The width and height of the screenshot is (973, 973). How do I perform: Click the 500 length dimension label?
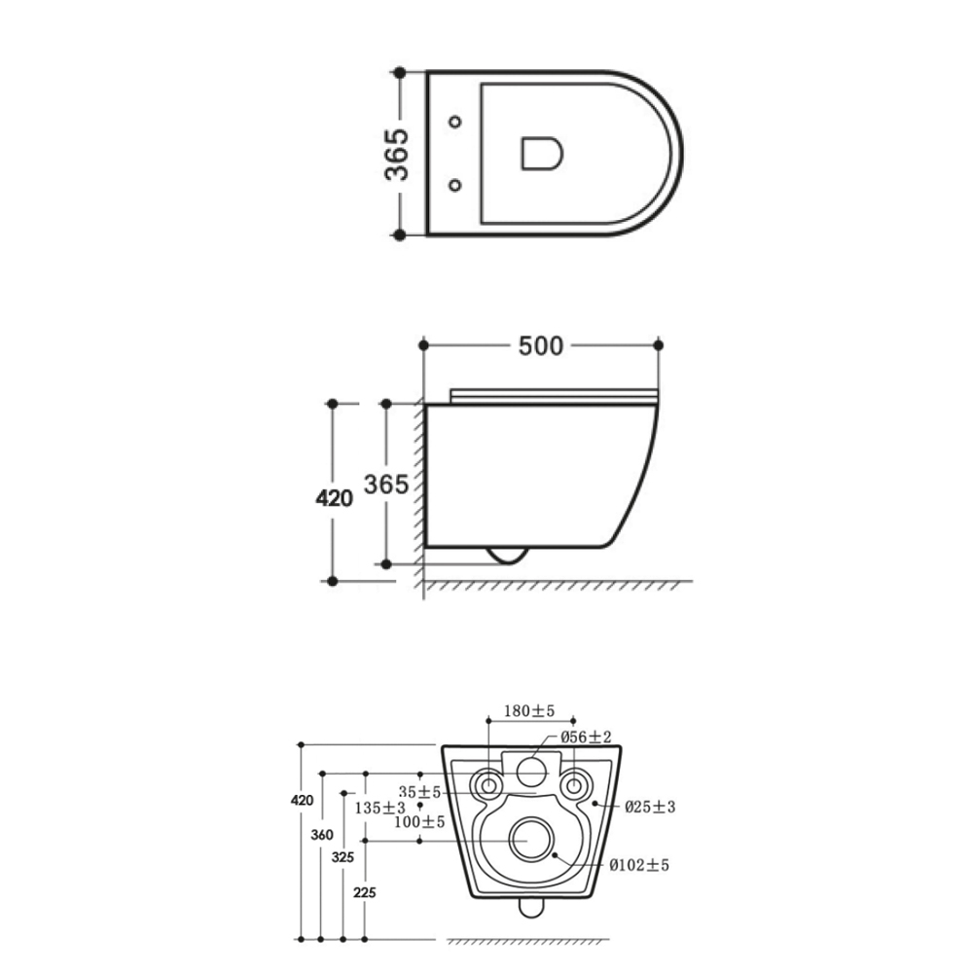click(540, 345)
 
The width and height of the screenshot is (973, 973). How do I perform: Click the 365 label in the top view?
click(397, 154)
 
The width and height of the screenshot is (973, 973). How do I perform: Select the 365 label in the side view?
click(386, 484)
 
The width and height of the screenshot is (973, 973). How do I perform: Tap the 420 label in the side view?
click(335, 498)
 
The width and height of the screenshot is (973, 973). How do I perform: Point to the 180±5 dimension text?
click(529, 710)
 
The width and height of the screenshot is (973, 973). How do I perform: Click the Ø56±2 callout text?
click(586, 737)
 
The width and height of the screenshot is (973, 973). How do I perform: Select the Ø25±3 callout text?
click(650, 807)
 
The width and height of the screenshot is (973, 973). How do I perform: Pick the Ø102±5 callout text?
click(639, 865)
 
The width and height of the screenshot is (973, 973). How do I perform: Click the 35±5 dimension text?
click(419, 792)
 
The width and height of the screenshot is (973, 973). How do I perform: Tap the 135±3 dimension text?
click(379, 808)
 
